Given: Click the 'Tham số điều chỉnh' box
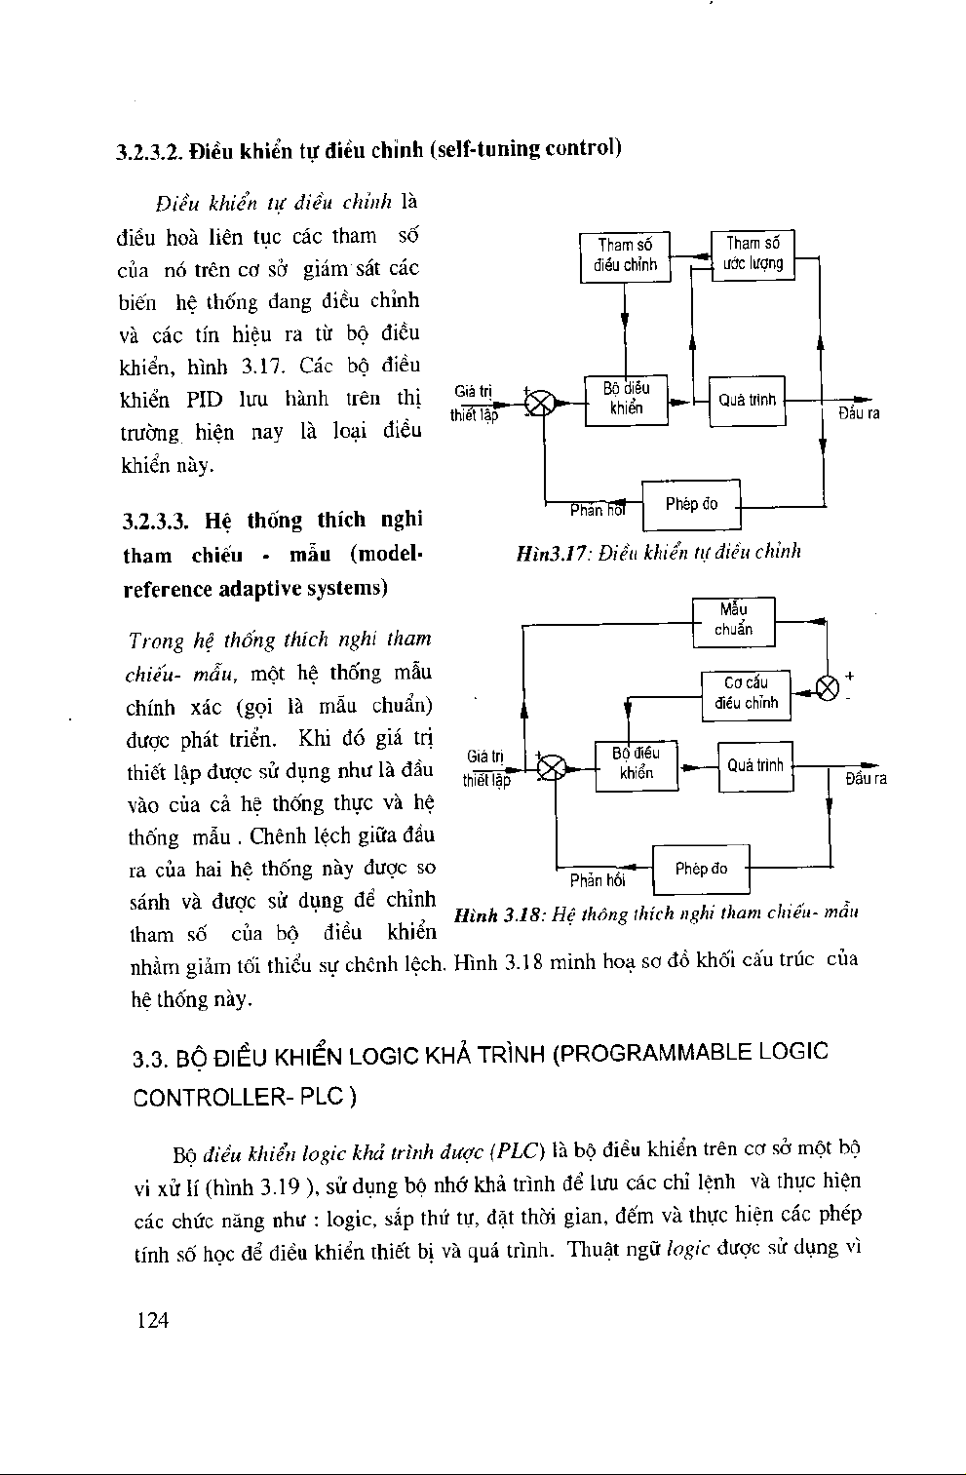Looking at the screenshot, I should coord(625,255).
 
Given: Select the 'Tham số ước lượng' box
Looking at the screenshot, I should coord(753,253).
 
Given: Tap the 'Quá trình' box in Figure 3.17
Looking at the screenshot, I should coord(747,401).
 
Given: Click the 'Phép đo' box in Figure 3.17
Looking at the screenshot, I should coord(691,504).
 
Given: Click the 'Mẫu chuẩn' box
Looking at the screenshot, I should coord(733,621).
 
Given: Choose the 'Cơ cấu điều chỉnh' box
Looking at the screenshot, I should coord(746,693).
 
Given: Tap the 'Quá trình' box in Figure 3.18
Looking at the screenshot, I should coord(755,766).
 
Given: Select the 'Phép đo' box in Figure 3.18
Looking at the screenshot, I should coord(701,870).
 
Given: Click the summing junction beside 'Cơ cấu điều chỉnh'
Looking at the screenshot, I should coord(828,688).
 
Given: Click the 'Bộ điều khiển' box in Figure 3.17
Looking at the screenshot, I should coord(626,400).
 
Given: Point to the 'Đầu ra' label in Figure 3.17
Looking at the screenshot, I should coord(859,413).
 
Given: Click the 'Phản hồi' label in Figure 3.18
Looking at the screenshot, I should coord(597,881).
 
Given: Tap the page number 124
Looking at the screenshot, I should coord(153,1320).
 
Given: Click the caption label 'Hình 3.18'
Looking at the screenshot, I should coord(498,914).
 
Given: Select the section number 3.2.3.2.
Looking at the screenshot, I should coord(149,152).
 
